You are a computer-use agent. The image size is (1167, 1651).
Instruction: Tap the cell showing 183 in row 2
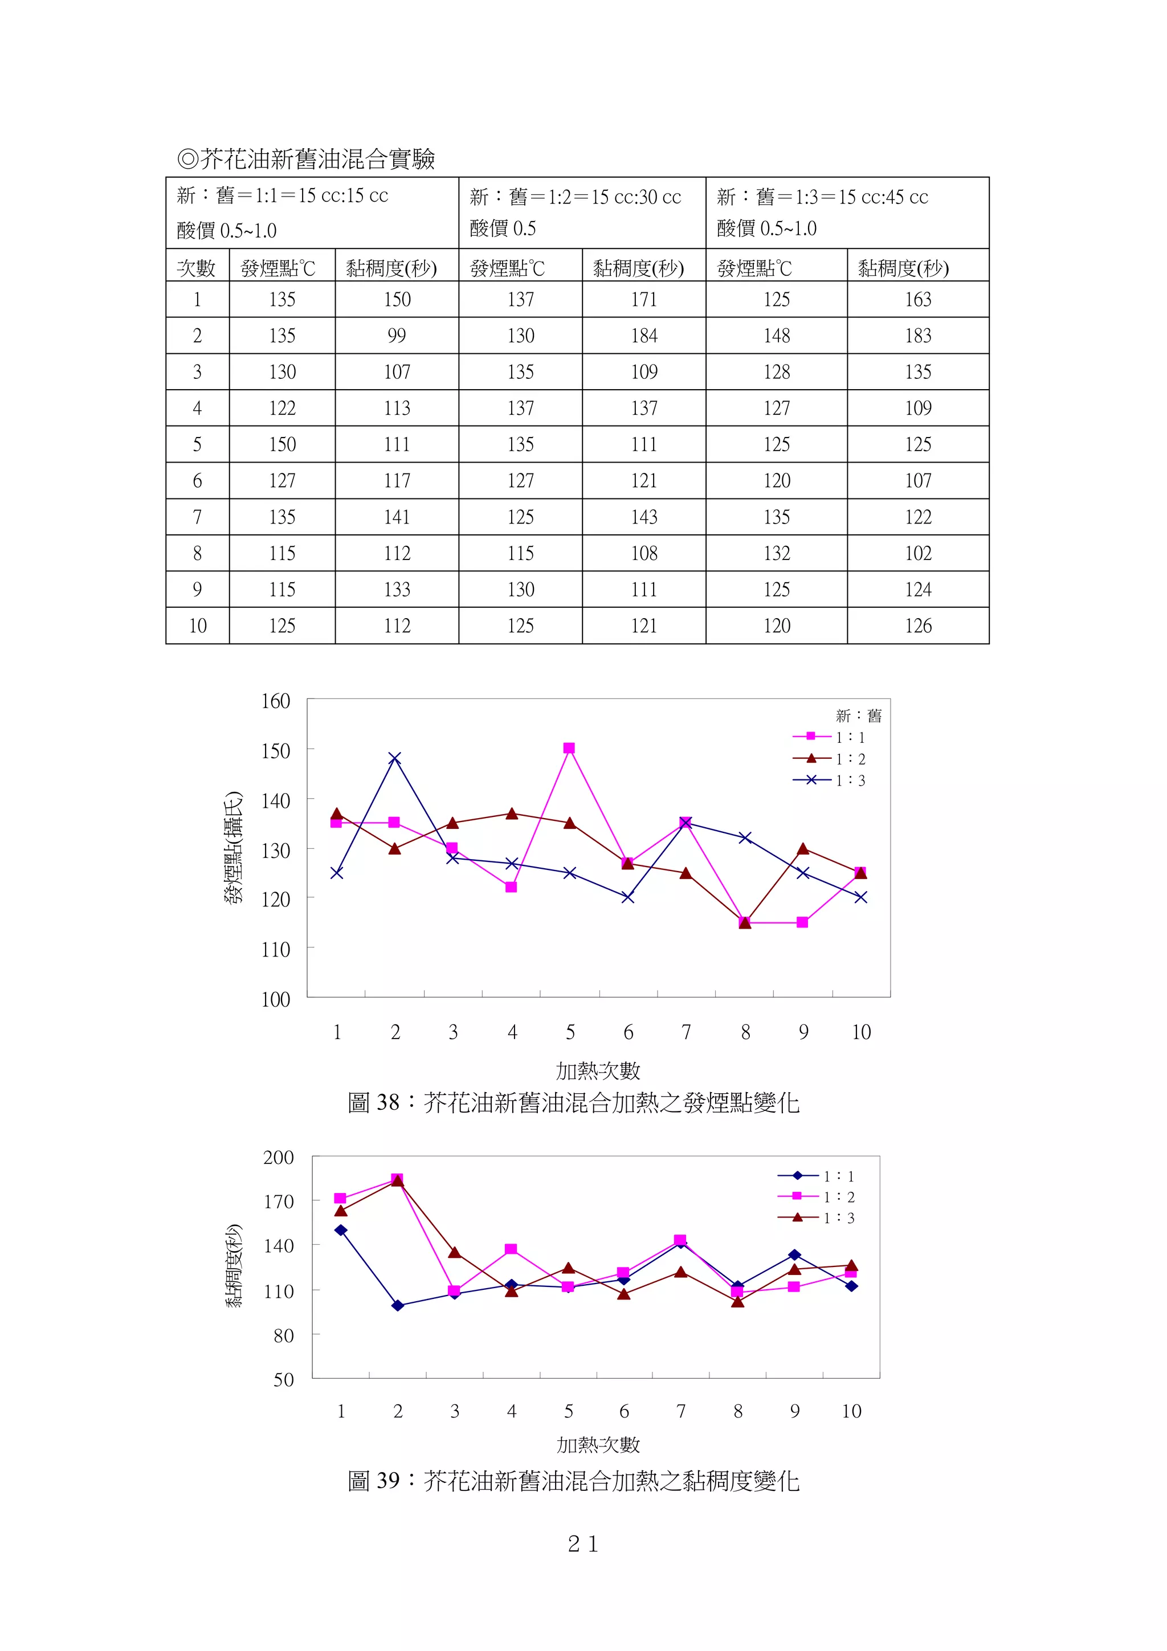[x=917, y=336]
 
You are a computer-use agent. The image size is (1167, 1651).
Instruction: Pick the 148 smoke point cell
[x=777, y=336]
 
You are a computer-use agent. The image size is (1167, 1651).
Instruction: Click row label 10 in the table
[x=198, y=626]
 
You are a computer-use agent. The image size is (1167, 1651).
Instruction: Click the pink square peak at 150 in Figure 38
[x=569, y=749]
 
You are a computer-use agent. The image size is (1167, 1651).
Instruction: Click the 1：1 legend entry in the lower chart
[x=816, y=1176]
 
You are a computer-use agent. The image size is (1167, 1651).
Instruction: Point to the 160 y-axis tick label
[x=275, y=701]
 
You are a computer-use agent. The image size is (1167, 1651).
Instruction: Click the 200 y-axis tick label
[x=278, y=1158]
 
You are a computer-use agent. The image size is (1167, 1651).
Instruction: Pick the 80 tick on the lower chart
[x=283, y=1336]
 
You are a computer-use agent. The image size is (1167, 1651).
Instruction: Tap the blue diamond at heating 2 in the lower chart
[x=398, y=1306]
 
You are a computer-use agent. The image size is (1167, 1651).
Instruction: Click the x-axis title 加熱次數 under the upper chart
[x=598, y=1070]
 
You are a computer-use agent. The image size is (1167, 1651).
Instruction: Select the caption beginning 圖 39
[x=573, y=1481]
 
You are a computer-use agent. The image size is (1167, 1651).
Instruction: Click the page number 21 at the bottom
[x=582, y=1544]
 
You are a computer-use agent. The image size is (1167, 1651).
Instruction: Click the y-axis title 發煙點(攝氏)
[x=233, y=848]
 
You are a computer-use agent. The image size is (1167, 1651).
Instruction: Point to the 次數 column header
[x=196, y=268]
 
